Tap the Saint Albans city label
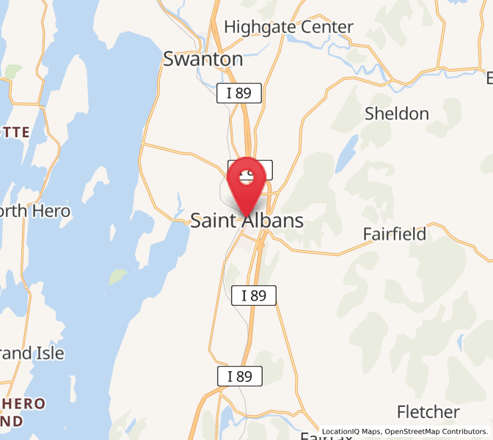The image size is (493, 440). tap(246, 220)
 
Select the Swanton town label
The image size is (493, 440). tap(203, 59)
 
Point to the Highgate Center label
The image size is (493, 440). tap(288, 27)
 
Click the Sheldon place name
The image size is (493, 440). tap(397, 114)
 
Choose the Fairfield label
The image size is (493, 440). tap(395, 234)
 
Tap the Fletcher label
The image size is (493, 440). tap(428, 411)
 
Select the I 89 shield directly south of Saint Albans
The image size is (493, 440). tap(254, 296)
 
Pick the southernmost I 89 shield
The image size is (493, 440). tap(240, 376)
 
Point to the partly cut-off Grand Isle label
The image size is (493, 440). tap(32, 353)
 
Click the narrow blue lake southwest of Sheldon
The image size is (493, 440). tap(347, 152)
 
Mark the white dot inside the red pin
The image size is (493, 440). tap(246, 175)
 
